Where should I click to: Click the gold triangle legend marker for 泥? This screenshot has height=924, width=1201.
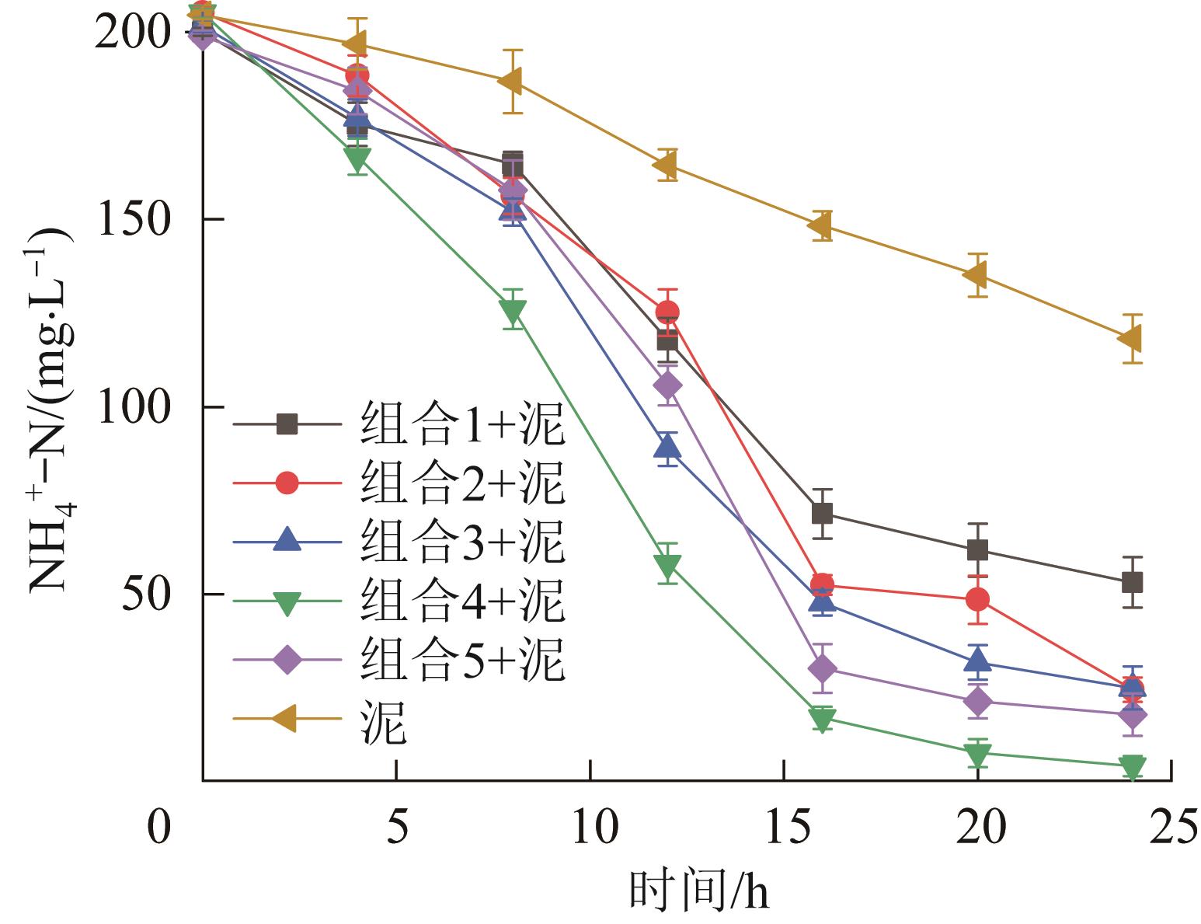tap(287, 718)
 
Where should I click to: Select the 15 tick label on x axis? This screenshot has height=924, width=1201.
tap(785, 828)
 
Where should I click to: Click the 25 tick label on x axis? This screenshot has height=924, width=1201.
tap(1171, 828)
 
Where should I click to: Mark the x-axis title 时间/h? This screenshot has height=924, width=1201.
tap(698, 891)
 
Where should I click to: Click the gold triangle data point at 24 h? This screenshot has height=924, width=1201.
tap(1132, 339)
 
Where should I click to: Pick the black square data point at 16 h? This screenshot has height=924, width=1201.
tap(822, 514)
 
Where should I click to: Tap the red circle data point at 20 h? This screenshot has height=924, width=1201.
tap(977, 599)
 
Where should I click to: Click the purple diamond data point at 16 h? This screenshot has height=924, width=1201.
tap(822, 668)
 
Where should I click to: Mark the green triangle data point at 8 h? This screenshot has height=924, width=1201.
tap(513, 311)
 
